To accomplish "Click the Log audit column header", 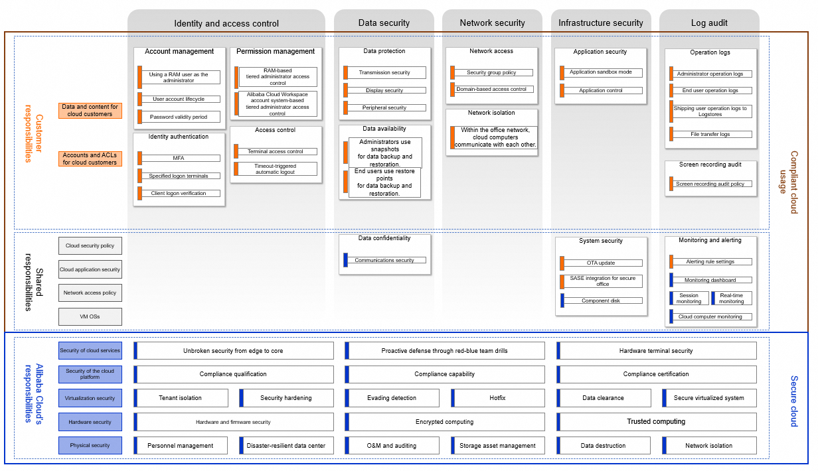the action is (x=709, y=23).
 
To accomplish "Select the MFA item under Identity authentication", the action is (x=179, y=158).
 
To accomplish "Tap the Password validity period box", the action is (x=179, y=117).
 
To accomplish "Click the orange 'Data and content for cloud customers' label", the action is (x=90, y=111).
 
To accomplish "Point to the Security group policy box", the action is (x=491, y=72).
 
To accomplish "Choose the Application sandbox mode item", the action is (x=601, y=72).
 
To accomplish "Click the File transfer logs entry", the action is (x=710, y=134).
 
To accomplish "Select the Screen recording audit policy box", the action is (x=710, y=184).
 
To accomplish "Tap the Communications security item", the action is (x=384, y=260).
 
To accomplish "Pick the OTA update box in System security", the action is (x=601, y=263).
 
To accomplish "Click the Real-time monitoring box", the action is (x=732, y=298).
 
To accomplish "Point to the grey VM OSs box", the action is (x=90, y=316).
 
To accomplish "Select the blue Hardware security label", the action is (x=90, y=422).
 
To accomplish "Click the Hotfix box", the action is (x=498, y=397).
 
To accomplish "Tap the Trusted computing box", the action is (x=657, y=422).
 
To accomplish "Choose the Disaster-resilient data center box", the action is (x=286, y=446).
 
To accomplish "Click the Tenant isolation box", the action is (x=181, y=397).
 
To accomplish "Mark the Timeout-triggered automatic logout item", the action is (x=276, y=169).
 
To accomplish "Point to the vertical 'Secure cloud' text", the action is (x=793, y=401).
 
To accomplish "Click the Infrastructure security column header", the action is (x=601, y=23).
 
